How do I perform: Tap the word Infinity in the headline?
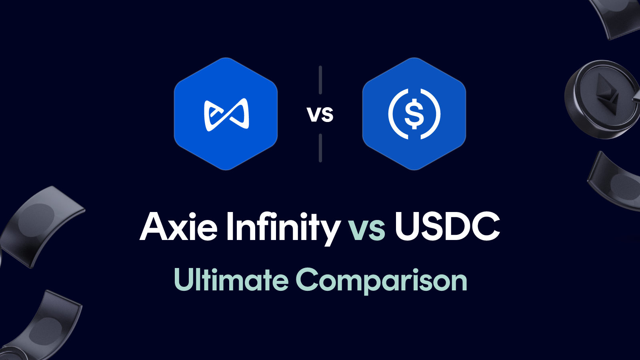282,227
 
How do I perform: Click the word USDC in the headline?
447,227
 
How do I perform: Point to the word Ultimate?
231,280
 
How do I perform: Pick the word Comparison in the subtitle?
381,281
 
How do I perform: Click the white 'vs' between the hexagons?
320,115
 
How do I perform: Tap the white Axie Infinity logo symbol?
226,114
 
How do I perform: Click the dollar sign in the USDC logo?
414,114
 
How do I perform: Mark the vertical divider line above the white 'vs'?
320,80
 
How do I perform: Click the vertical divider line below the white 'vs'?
320,148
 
